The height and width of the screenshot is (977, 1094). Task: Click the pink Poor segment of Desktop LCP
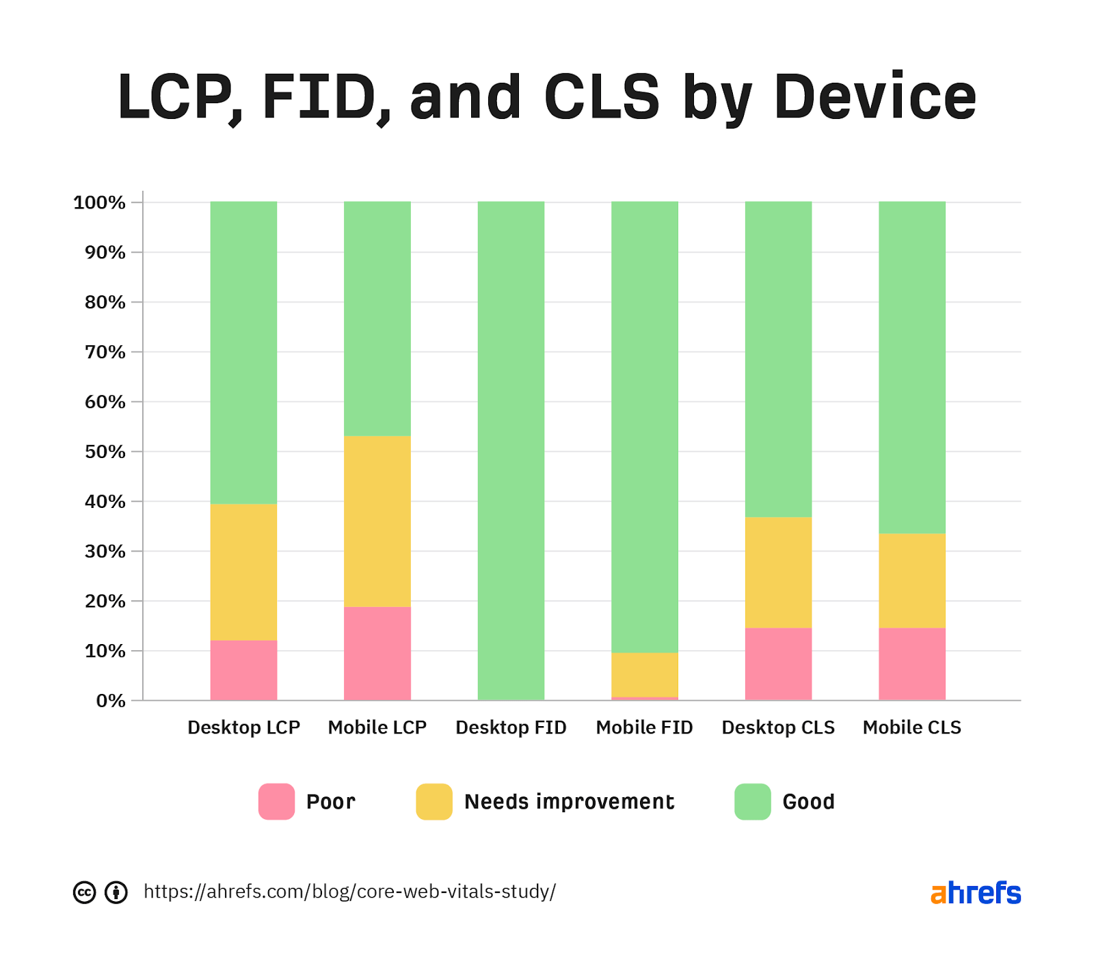[243, 670]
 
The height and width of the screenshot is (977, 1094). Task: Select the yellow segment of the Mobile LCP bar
[377, 521]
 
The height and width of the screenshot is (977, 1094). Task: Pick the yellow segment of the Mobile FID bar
[644, 674]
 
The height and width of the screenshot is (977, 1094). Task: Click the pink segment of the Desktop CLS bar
[778, 663]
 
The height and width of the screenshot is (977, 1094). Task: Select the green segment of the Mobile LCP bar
[377, 318]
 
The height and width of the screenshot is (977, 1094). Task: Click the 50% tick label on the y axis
[105, 452]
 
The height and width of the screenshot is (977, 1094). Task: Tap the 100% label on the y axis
[100, 202]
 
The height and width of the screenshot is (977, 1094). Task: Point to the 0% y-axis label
[111, 701]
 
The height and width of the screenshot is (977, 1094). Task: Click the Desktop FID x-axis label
[511, 727]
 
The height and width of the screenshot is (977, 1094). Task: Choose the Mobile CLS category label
[911, 727]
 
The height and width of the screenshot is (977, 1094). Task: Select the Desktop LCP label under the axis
[243, 727]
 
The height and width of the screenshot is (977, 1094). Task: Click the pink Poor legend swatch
[276, 801]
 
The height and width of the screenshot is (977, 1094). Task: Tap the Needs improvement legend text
[569, 801]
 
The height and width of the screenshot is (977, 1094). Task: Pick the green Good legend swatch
[752, 801]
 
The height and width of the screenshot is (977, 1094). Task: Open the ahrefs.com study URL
[349, 892]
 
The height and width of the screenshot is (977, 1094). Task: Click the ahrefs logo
[975, 893]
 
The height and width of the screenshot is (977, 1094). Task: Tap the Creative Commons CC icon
[84, 892]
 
